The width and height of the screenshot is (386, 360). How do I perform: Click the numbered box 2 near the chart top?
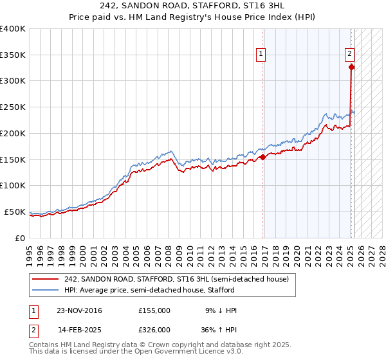(349, 55)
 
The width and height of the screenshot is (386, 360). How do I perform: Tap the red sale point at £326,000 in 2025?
(351, 66)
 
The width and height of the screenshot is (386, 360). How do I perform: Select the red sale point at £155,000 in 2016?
(263, 156)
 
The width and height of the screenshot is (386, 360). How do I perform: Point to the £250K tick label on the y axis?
(12, 107)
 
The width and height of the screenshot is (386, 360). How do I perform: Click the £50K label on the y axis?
(15, 212)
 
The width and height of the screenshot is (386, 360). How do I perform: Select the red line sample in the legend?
(46, 279)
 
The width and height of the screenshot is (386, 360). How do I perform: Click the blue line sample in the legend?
(46, 290)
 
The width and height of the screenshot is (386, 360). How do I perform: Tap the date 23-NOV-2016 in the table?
(79, 310)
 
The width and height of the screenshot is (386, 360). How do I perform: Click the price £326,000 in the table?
(154, 330)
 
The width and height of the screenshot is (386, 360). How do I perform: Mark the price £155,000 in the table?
(154, 310)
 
